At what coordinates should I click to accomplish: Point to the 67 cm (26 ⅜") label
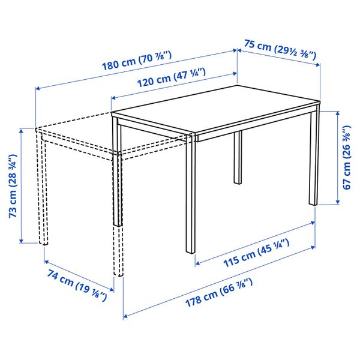346,157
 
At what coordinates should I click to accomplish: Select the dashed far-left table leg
44,192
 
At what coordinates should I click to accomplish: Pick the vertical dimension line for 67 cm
334,156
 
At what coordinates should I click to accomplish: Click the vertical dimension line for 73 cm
23,185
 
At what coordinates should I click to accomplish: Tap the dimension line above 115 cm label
255,242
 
